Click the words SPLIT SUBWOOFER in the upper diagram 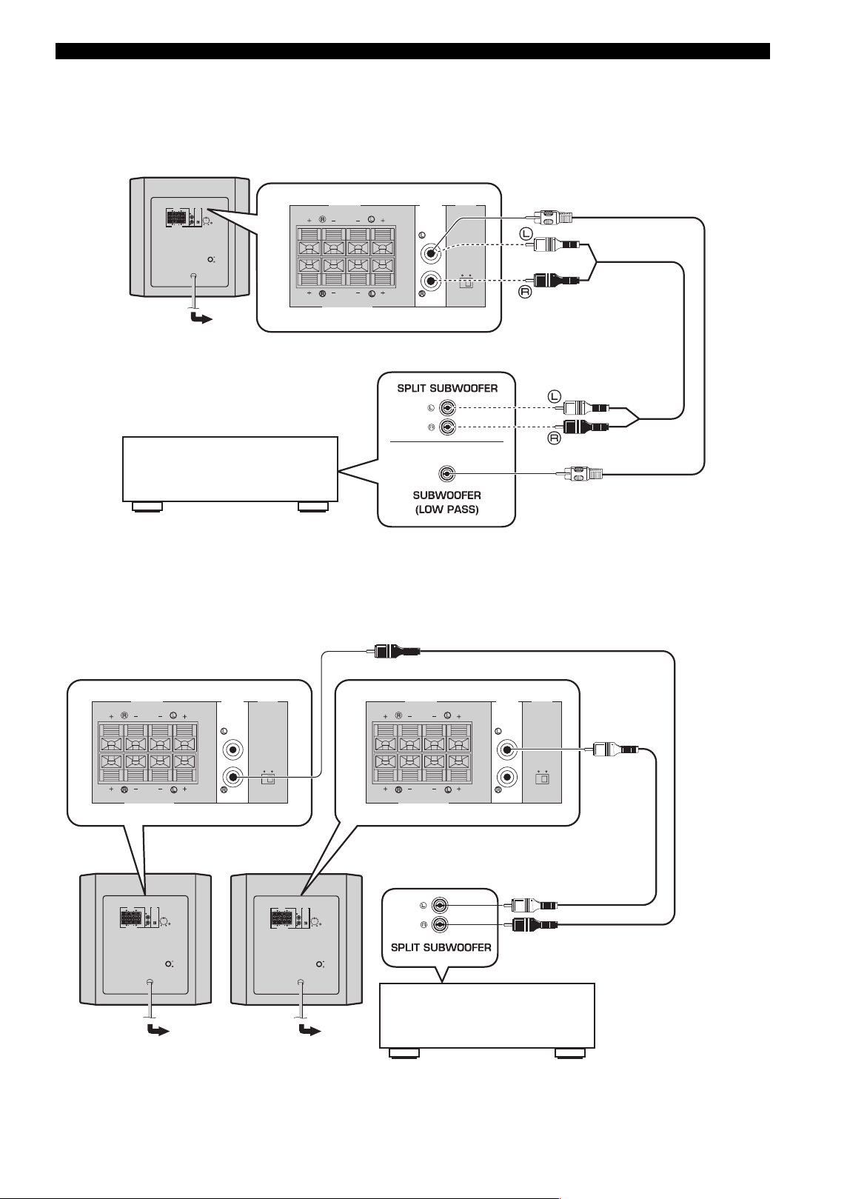click(447, 388)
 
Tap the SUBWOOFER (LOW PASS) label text click(447, 502)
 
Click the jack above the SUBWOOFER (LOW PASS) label click(447, 474)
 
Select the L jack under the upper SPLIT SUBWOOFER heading click(447, 409)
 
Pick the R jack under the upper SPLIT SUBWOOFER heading click(447, 427)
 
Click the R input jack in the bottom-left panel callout click(232, 776)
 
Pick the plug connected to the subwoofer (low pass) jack click(580, 474)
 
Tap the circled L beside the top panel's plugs click(526, 233)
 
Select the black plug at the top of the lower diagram click(395, 652)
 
